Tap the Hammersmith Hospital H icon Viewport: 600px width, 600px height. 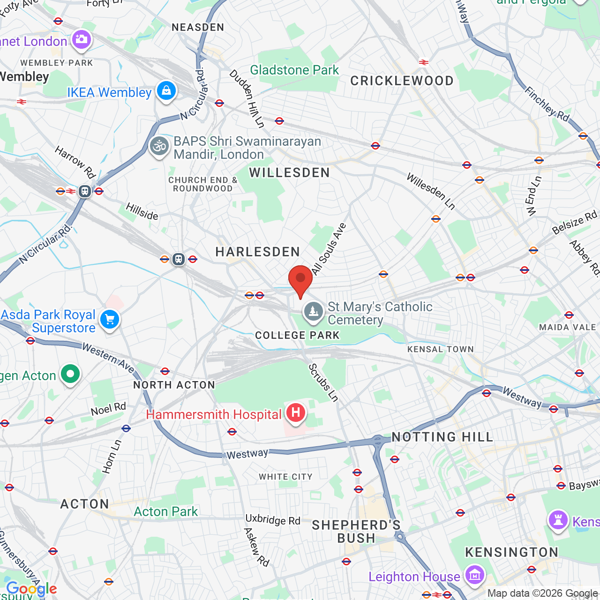pos(296,413)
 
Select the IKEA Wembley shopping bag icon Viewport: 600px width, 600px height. pos(166,90)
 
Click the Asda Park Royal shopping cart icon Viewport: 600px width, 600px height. pos(110,320)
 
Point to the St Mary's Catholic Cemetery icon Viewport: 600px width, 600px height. pos(313,311)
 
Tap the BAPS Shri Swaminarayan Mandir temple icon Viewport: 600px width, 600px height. pos(159,146)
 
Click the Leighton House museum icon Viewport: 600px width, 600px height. pos(474,575)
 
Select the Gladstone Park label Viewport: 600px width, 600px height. pos(294,70)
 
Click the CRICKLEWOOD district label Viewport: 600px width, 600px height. pos(402,81)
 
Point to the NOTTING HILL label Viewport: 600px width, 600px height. pos(442,437)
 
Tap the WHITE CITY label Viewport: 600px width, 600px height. pos(285,477)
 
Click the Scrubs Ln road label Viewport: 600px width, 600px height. pos(323,382)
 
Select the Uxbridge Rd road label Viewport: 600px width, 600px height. pos(273,520)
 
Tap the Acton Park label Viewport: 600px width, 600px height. pos(166,511)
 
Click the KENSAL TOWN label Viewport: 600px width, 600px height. pos(440,349)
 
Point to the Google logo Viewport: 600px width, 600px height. pos(31,589)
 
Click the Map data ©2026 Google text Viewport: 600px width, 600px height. pos(542,593)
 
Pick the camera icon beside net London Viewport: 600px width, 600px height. pos(82,39)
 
